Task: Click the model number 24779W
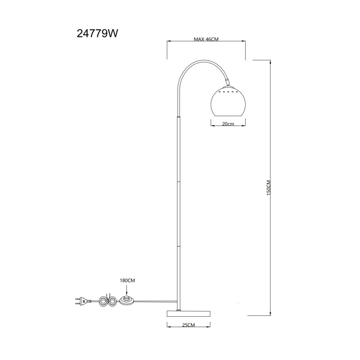click(x=98, y=33)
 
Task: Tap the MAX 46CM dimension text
click(x=206, y=40)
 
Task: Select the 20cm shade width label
click(x=228, y=124)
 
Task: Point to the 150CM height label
click(x=268, y=187)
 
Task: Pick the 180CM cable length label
click(x=128, y=280)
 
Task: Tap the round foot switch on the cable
click(x=128, y=300)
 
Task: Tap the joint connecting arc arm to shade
click(x=228, y=81)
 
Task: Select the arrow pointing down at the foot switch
click(x=128, y=292)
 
